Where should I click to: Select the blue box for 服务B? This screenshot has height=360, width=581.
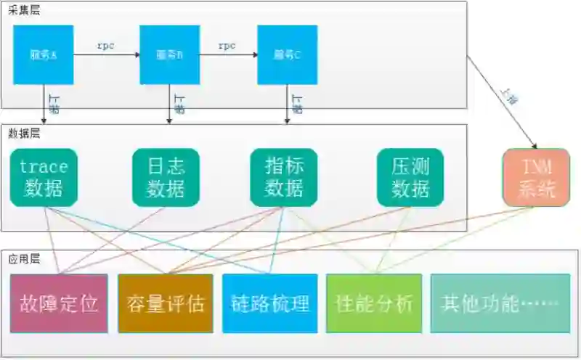point(170,54)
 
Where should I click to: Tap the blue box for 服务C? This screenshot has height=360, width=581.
point(288,54)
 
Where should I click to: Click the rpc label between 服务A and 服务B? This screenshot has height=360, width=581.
point(105,46)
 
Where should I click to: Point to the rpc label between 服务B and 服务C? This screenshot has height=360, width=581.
point(227,46)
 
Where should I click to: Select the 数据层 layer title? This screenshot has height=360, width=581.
point(24,133)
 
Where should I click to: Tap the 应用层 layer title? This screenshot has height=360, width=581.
point(24,259)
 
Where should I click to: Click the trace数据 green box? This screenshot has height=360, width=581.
point(44,178)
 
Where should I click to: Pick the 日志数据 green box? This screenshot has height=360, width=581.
point(165,178)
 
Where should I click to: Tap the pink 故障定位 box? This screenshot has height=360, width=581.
point(59,303)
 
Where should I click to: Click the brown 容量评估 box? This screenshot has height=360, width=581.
point(166,303)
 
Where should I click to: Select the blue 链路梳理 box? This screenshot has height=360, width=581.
point(269,303)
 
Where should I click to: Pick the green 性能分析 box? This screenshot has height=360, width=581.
point(374,303)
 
